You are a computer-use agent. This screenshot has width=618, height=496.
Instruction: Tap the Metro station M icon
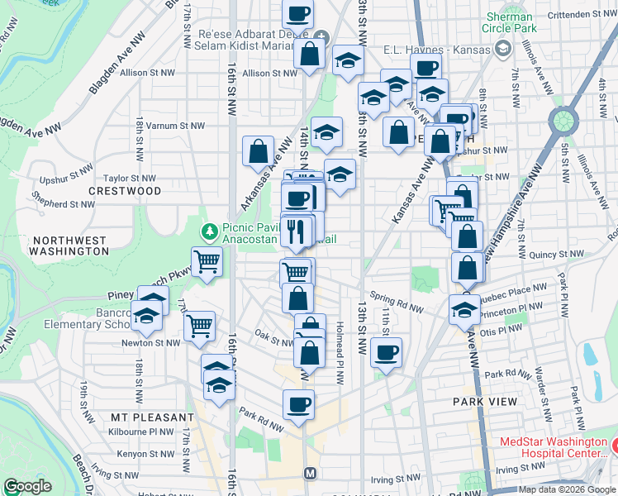(311, 474)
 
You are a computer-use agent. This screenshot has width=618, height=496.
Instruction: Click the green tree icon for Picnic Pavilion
(211, 230)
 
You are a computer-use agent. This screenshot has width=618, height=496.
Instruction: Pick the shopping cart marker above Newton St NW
(199, 326)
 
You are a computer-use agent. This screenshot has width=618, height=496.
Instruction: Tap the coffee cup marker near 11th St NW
(386, 353)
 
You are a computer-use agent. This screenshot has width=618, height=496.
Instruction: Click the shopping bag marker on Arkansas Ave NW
(259, 152)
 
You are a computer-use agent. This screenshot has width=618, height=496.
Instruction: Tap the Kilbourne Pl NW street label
(141, 431)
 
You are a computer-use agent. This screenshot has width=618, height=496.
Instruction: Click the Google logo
(27, 486)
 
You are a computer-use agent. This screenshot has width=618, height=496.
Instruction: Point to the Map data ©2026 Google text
(567, 489)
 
